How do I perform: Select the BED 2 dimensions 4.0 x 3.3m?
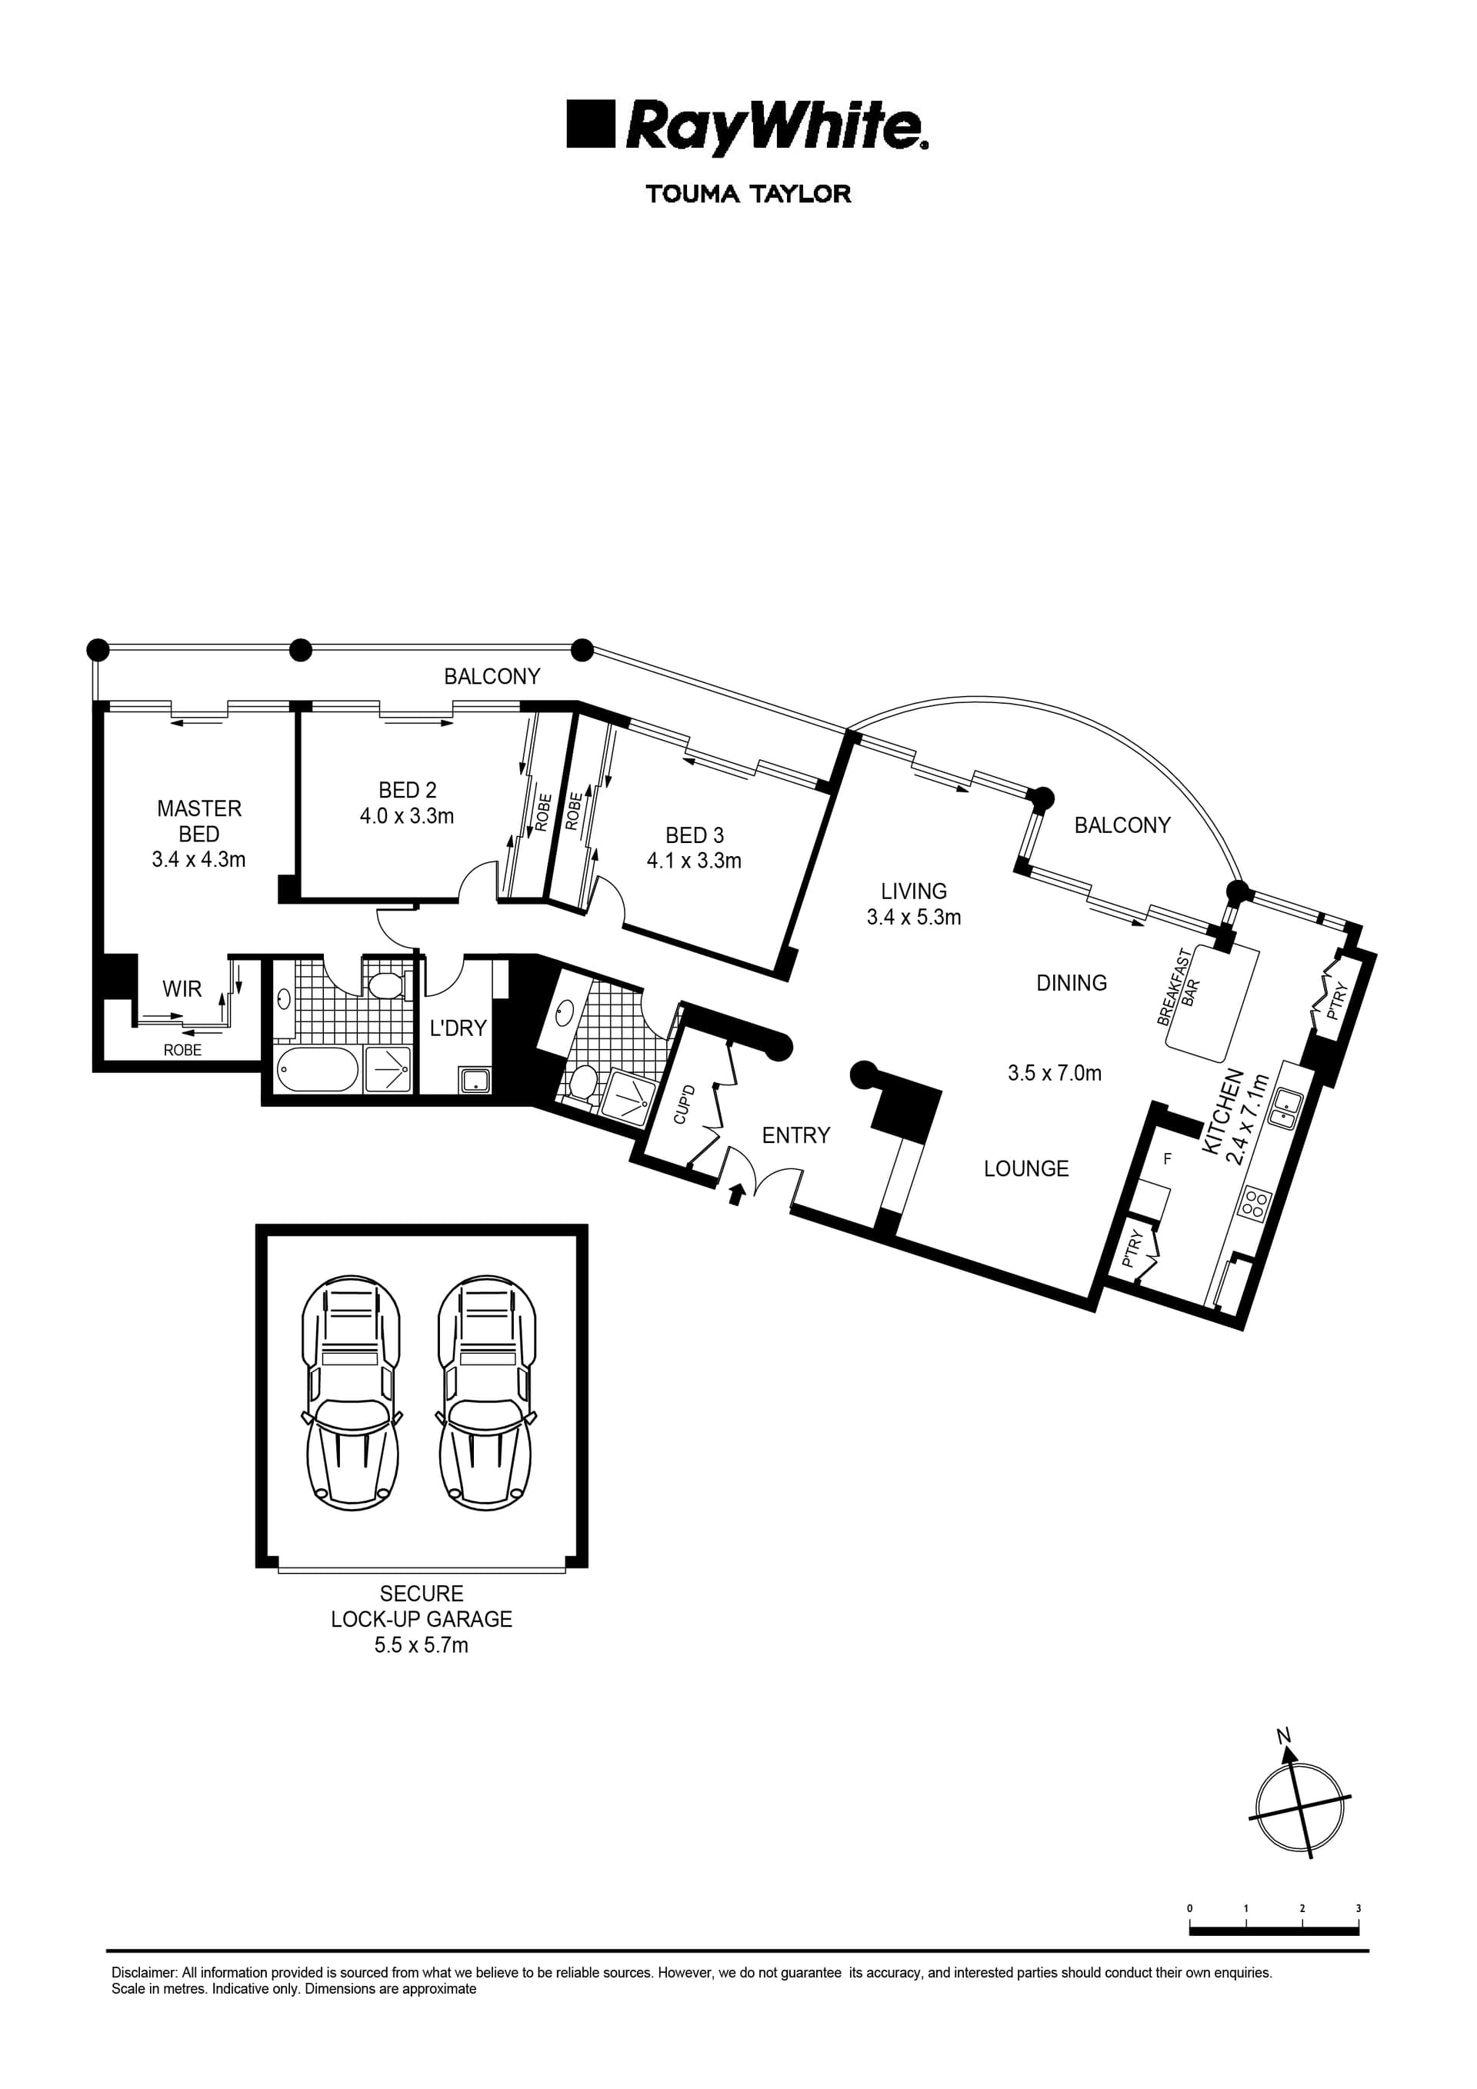point(406,816)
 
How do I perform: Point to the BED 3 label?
point(695,835)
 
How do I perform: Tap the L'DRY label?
point(458,1028)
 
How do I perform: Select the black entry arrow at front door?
point(737,1193)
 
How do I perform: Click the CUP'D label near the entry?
point(685,1104)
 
